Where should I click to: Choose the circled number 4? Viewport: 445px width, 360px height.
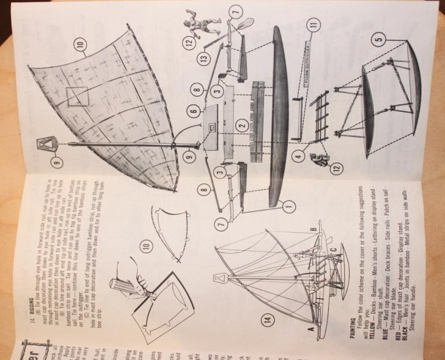(x=298, y=157)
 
